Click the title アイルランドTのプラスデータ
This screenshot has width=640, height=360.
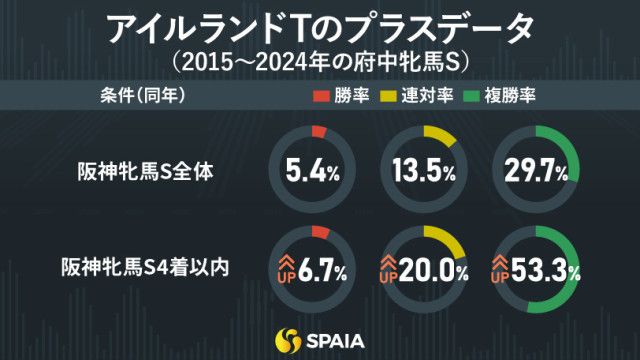pyautogui.click(x=319, y=27)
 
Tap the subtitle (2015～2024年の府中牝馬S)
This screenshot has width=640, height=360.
pyautogui.click(x=319, y=62)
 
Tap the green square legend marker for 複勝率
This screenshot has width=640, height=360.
pyautogui.click(x=478, y=97)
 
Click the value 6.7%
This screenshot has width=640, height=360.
pyautogui.click(x=322, y=268)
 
